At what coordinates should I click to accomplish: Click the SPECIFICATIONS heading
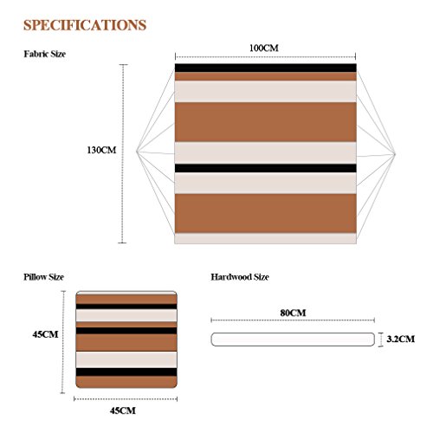tap(85, 25)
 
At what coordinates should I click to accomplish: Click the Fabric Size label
tap(45, 54)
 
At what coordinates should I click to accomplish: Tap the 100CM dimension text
tap(264, 48)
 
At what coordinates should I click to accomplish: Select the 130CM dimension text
tap(101, 150)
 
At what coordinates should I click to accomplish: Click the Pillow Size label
tap(43, 277)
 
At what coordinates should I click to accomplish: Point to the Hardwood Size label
tap(240, 277)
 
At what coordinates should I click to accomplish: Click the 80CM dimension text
tap(293, 313)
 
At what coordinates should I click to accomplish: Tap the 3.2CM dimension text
tap(401, 339)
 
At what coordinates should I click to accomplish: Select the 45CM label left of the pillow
tap(45, 334)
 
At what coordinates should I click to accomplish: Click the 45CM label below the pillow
tap(123, 410)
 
